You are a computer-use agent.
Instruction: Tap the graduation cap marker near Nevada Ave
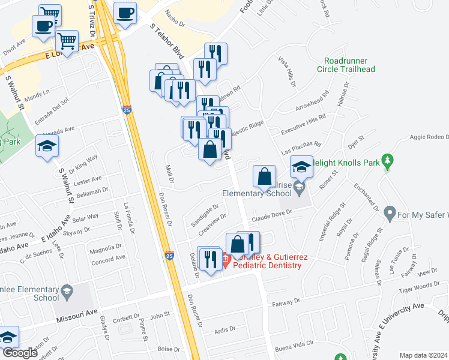(x=47, y=146)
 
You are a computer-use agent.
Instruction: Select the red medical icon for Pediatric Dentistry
(x=226, y=261)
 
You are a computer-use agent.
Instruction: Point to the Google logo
(x=20, y=353)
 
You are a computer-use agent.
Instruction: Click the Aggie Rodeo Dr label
(x=429, y=137)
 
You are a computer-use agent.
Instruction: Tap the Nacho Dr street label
(x=173, y=15)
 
